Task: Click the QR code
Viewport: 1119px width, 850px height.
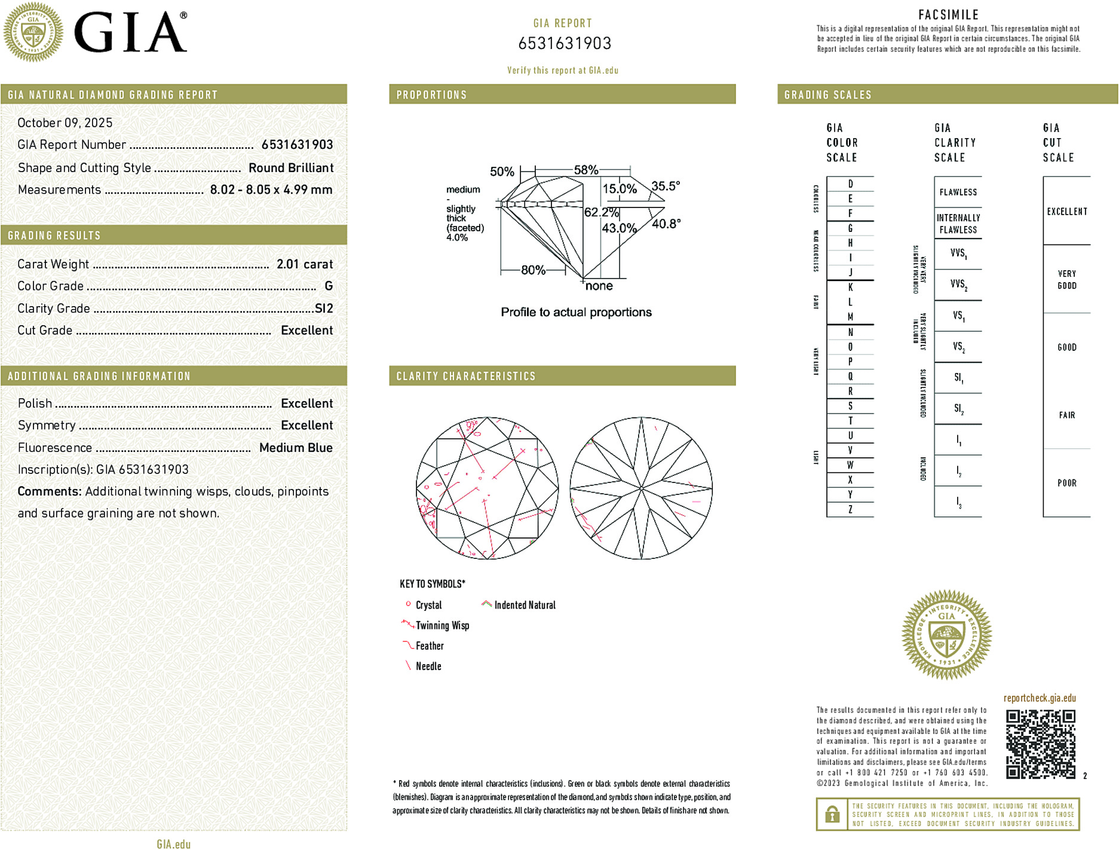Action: click(x=1040, y=744)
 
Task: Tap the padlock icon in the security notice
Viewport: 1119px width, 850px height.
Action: click(x=832, y=814)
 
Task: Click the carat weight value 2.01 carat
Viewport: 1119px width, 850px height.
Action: click(x=304, y=264)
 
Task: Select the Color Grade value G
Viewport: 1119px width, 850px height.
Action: click(x=328, y=286)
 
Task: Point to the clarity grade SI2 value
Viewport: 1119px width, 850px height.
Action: click(x=323, y=308)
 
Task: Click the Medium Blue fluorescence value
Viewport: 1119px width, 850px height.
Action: click(x=296, y=448)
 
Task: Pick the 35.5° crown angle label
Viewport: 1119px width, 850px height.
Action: click(x=665, y=186)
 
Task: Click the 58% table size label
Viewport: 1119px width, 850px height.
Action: click(x=585, y=170)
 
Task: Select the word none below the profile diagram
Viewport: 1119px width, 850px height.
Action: click(x=599, y=286)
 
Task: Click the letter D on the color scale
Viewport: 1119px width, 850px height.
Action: click(x=850, y=184)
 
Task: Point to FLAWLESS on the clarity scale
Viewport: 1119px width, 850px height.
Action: click(x=958, y=192)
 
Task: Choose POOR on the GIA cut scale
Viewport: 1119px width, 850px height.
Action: click(x=1066, y=483)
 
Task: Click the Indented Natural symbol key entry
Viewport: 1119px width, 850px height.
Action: click(x=524, y=605)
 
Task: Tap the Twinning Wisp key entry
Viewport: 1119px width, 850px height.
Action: click(x=442, y=625)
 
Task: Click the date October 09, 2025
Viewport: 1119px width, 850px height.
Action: click(x=65, y=123)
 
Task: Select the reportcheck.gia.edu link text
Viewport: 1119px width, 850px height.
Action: click(x=1039, y=698)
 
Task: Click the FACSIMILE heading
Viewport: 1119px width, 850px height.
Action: click(x=948, y=14)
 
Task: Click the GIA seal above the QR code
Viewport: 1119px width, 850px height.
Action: click(x=946, y=634)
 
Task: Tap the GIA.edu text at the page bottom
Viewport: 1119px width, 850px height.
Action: click(x=173, y=843)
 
